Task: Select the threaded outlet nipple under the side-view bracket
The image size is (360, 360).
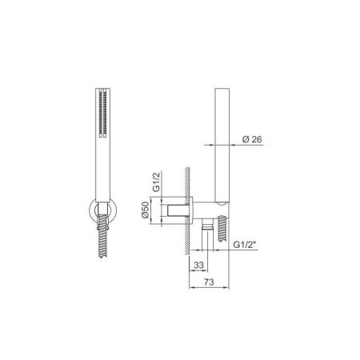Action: pyautogui.click(x=207, y=234)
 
